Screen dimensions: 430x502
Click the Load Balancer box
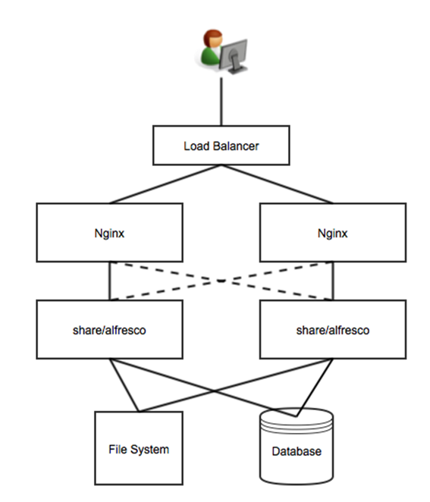[x=221, y=146]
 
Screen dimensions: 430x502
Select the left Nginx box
[x=109, y=233]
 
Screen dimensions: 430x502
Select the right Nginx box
[x=333, y=233]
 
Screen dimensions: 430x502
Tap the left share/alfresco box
[x=109, y=329]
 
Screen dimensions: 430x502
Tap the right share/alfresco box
[x=333, y=329]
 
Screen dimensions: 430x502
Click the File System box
[x=139, y=448]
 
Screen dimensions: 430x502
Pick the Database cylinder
[x=297, y=446]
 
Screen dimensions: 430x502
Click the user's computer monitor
[x=234, y=56]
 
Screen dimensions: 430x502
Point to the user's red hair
[x=212, y=35]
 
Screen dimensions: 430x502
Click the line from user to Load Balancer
[x=221, y=102]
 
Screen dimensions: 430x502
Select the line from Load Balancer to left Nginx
[x=165, y=184]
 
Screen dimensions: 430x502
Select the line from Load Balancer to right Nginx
[x=278, y=184]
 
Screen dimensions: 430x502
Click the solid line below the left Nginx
[x=110, y=281]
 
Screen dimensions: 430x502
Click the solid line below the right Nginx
[x=333, y=281]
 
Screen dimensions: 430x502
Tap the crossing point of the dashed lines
[x=221, y=281]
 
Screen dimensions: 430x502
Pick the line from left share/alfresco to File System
[x=124, y=385]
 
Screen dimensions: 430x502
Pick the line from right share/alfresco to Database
[x=315, y=387]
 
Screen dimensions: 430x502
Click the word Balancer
[x=236, y=146]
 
